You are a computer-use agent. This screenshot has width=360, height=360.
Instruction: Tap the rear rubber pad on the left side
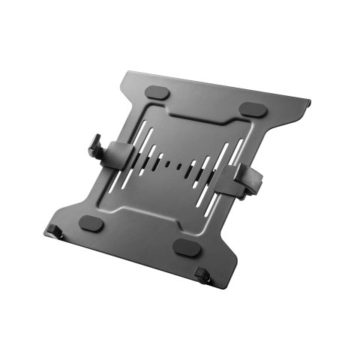[157, 92]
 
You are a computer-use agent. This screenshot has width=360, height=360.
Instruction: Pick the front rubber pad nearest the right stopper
[184, 247]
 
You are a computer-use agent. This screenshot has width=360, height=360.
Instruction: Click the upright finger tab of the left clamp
[97, 146]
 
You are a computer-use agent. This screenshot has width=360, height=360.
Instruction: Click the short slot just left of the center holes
[160, 159]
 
